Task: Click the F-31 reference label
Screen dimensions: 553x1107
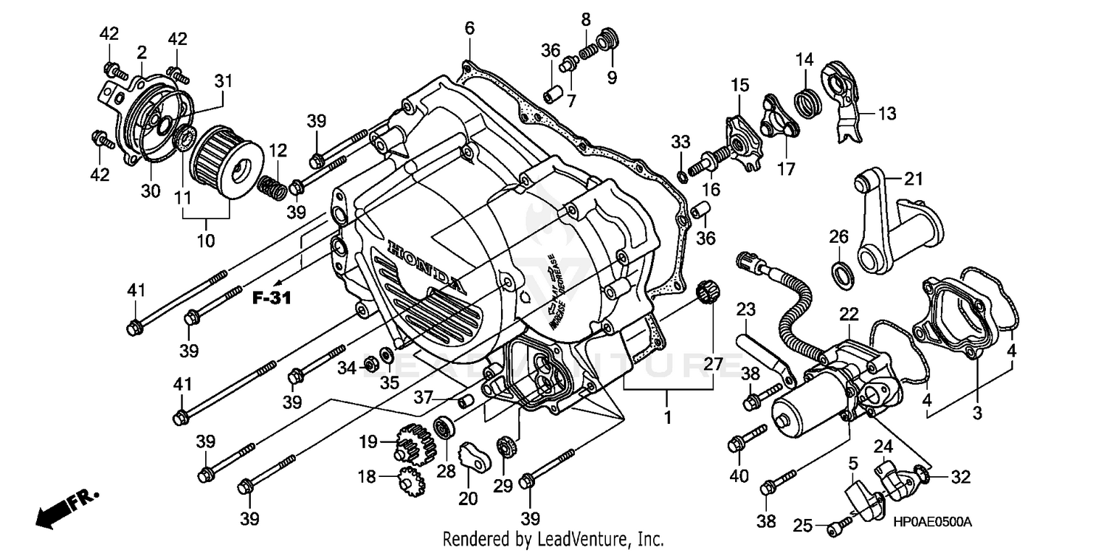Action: point(271,298)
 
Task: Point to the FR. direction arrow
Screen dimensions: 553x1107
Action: point(66,508)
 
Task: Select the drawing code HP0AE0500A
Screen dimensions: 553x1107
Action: point(931,522)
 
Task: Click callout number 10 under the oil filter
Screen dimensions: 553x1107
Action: point(205,241)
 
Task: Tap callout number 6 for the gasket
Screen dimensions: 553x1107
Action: point(469,29)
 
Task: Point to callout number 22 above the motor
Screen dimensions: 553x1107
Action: point(849,314)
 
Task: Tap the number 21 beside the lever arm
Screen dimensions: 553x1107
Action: point(914,179)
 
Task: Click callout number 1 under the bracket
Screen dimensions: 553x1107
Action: point(667,417)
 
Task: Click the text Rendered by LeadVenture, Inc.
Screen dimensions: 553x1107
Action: point(553,539)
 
